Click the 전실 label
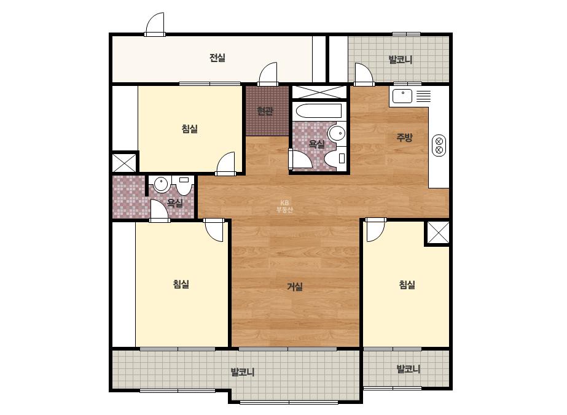[x=217, y=58]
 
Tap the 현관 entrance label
[x=265, y=111]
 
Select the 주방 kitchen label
[x=404, y=137]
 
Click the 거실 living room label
[x=295, y=287]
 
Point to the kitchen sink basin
[x=402, y=96]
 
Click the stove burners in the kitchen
[x=439, y=145]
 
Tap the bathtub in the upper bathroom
[x=318, y=111]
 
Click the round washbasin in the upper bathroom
[x=337, y=133]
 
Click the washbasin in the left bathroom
[x=162, y=184]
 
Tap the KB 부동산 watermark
[x=284, y=206]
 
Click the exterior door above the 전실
[x=155, y=25]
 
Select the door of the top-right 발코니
[x=364, y=75]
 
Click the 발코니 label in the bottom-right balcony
[x=409, y=369]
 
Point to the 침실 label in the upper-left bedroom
[x=189, y=129]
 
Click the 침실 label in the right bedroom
[x=407, y=284]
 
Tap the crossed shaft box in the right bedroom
[x=438, y=233]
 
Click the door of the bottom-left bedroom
[x=213, y=230]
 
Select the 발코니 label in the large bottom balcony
[x=242, y=371]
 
